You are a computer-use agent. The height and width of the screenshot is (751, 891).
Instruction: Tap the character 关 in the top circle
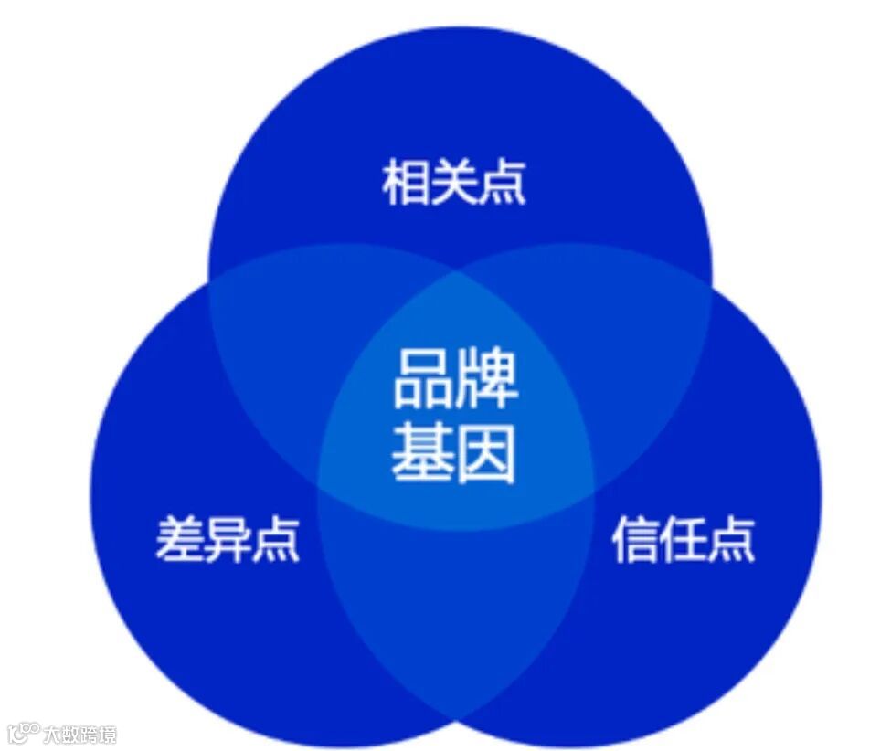454,184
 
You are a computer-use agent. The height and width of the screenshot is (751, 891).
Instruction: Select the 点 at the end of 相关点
502,184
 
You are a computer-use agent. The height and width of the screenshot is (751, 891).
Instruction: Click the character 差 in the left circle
180,539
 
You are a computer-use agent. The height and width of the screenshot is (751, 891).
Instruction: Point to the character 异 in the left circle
228,539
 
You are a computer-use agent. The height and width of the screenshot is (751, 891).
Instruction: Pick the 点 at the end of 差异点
275,539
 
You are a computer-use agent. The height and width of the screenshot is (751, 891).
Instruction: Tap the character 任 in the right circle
684,539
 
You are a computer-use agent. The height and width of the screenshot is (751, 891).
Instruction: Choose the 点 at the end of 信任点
731,539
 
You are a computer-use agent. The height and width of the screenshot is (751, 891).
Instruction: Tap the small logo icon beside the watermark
24,732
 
